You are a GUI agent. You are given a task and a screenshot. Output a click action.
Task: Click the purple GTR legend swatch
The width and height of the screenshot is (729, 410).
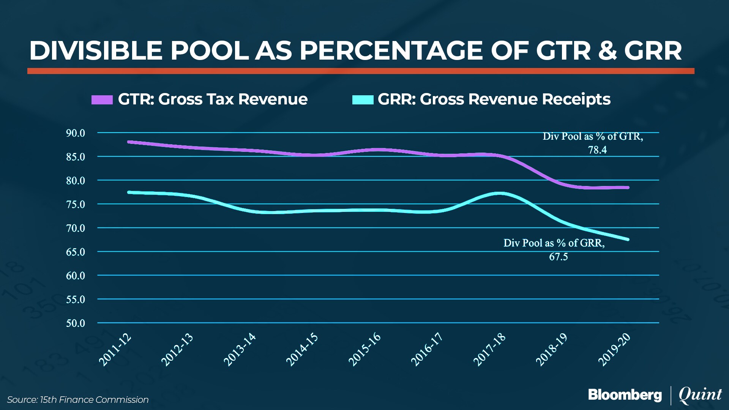click(x=102, y=99)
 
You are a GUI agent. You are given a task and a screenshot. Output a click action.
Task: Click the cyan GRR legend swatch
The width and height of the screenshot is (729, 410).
click(x=363, y=99)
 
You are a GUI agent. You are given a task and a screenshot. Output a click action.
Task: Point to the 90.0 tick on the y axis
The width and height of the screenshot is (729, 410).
click(x=76, y=133)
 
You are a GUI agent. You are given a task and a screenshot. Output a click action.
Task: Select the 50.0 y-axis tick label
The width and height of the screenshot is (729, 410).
click(x=76, y=323)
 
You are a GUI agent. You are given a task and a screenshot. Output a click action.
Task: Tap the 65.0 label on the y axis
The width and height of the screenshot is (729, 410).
click(x=76, y=252)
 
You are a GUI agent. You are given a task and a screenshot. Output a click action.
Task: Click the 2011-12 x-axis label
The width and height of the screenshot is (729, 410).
click(x=115, y=350)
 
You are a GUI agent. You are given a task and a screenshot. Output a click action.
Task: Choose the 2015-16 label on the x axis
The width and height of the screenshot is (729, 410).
click(x=364, y=350)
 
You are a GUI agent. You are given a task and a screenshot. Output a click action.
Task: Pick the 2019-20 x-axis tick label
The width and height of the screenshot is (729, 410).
click(x=614, y=350)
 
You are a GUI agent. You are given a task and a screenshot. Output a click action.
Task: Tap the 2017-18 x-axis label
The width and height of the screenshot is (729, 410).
click(x=489, y=350)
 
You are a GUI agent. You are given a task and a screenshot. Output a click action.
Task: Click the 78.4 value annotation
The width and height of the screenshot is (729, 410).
click(x=597, y=150)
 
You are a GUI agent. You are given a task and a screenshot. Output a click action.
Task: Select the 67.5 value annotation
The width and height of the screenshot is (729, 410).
click(x=559, y=257)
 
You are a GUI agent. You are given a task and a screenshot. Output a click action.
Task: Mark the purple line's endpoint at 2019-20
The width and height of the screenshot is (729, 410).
click(x=628, y=188)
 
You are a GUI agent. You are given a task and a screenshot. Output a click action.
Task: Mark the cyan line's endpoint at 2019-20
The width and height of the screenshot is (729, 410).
click(x=628, y=240)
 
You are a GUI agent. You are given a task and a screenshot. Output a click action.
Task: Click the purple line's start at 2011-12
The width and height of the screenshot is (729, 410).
click(x=129, y=142)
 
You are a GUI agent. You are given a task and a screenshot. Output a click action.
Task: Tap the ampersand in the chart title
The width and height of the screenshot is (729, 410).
click(x=607, y=50)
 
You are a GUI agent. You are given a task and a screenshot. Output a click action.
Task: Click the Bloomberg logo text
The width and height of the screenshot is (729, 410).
click(x=625, y=395)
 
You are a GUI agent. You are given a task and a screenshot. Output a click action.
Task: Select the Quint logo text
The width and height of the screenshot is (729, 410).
click(x=700, y=395)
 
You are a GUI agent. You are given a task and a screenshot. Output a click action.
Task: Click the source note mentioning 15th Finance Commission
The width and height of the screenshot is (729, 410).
click(x=78, y=400)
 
